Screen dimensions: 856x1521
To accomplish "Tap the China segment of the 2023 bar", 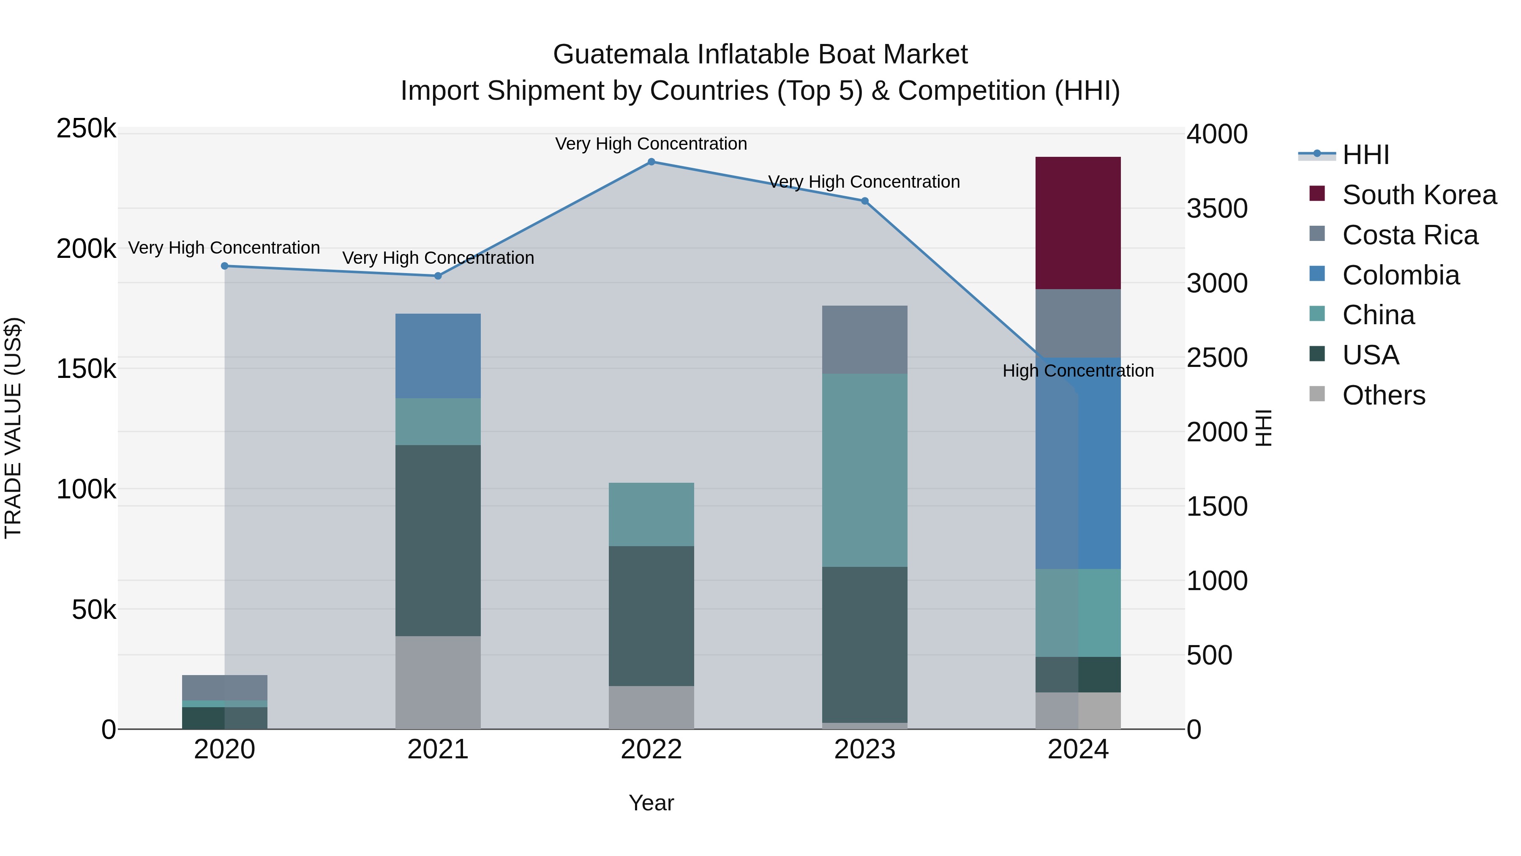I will (x=864, y=470).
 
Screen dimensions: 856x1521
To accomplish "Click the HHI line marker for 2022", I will (x=651, y=162).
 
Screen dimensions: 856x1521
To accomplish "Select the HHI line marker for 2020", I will (x=224, y=266).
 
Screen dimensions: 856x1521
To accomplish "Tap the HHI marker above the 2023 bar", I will (x=864, y=201).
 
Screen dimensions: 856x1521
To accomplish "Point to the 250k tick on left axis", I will (x=86, y=129).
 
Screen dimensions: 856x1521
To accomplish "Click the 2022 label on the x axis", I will (x=651, y=749).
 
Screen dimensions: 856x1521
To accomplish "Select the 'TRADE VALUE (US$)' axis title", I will (x=13, y=428).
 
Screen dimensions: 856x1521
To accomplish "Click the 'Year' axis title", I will (x=651, y=803).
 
